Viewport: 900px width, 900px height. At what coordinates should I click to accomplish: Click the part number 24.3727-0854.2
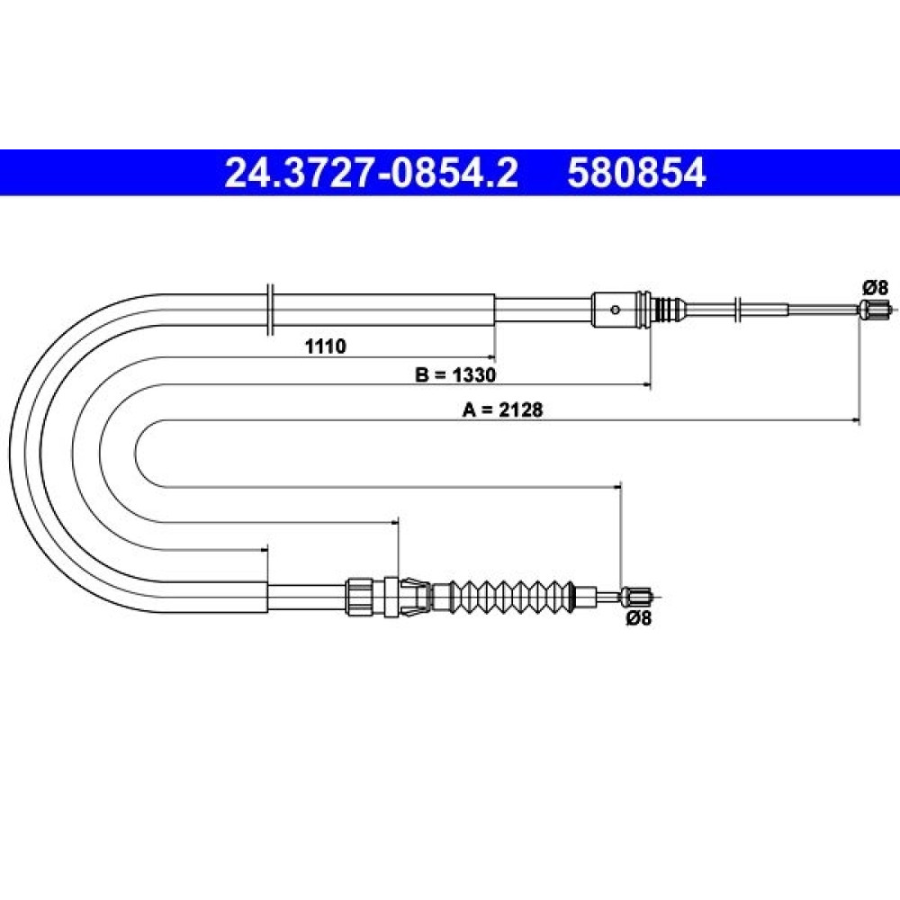pos(372,173)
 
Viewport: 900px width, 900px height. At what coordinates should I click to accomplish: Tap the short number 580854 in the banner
pos(636,173)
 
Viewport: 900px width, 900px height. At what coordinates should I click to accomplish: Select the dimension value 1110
pos(326,346)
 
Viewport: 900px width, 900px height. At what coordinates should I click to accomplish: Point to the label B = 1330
pos(455,374)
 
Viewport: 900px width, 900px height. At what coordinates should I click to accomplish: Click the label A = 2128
pos(503,409)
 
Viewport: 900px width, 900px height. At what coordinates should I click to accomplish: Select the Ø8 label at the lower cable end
pos(639,618)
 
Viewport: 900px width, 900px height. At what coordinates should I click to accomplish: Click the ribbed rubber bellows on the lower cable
pos(512,597)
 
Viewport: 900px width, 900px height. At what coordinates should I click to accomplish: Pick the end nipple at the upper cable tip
pos(872,309)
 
